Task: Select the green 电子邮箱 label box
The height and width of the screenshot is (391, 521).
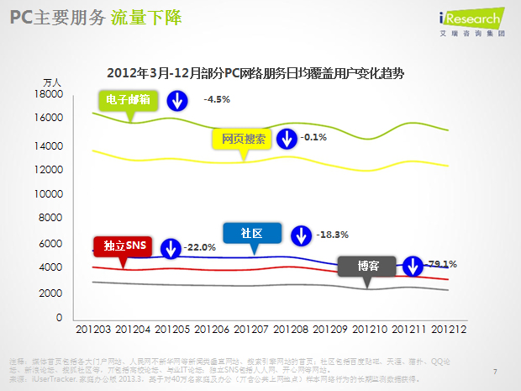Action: [x=129, y=100]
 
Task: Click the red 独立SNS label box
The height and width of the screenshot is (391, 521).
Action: [x=124, y=246]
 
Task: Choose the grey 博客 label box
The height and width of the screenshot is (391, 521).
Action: [x=367, y=266]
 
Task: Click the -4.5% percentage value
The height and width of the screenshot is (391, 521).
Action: [x=217, y=99]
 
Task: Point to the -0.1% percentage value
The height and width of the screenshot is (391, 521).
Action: [x=313, y=137]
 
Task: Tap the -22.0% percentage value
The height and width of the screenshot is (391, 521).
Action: [x=200, y=247]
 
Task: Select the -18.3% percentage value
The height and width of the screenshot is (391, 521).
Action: [x=332, y=235]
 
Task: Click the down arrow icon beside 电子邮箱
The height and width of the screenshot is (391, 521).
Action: [x=177, y=101]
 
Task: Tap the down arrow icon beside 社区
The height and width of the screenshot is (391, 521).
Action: [x=299, y=235]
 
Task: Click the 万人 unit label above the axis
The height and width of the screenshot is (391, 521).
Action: [x=52, y=82]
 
